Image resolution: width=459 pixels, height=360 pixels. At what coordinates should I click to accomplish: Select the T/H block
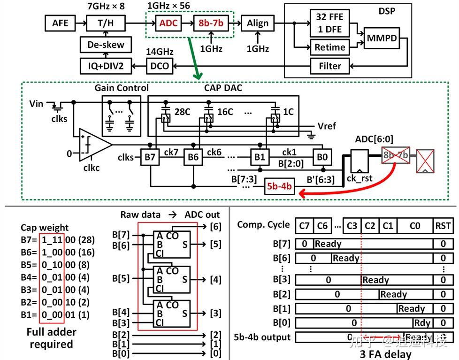pos(106,23)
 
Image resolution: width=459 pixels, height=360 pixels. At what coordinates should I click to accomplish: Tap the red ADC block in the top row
pos(168,23)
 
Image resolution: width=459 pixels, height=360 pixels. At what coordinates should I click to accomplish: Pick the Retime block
pos(330,47)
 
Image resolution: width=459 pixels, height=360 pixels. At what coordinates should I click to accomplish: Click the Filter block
pos(330,66)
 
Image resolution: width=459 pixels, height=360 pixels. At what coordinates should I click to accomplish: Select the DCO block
pos(159,66)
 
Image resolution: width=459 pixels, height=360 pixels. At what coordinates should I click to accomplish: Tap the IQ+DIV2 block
pos(106,66)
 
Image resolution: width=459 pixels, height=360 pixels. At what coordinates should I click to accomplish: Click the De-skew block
pos(106,45)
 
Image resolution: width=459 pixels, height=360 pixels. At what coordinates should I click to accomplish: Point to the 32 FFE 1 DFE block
pos(330,23)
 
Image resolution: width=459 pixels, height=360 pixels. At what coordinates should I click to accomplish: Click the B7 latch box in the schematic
pos(150,157)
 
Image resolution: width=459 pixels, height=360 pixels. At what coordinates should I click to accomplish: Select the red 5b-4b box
pos(279,186)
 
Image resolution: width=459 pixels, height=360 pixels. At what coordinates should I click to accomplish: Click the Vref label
pos(326,126)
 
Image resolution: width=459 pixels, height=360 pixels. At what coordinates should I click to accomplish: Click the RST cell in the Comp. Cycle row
pos(443,225)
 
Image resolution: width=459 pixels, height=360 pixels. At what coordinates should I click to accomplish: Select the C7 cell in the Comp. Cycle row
pos(304,225)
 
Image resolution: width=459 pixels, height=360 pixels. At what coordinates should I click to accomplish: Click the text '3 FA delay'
pos(385,354)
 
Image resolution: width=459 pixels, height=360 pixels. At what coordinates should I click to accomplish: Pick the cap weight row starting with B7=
pos(57,239)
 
